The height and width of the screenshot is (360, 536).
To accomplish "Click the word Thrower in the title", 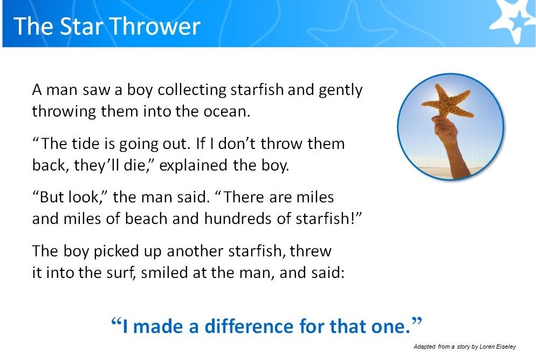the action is [155, 26].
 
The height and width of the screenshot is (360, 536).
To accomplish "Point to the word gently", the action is [340, 91].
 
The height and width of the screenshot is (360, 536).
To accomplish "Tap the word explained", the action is [193, 166].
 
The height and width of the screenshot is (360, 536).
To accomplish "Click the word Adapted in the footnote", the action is [424, 347].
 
